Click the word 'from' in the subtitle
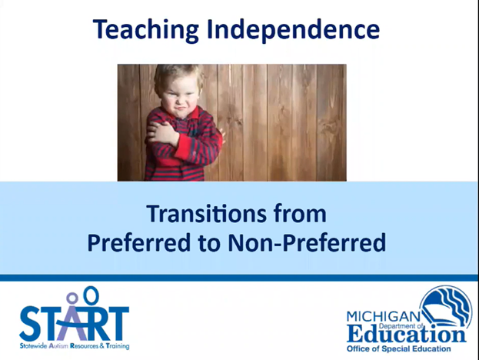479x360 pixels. pyautogui.click(x=298, y=212)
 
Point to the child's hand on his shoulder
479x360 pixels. pyautogui.click(x=163, y=135)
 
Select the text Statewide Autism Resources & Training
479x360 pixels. pyautogui.click(x=75, y=346)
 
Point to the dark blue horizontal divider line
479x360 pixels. pyautogui.click(x=239, y=277)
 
